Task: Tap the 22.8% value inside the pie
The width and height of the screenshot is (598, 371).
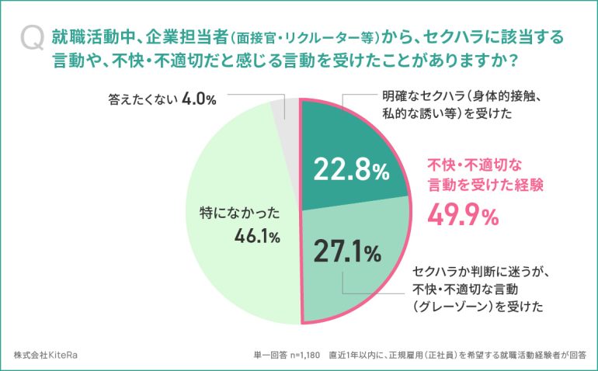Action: tap(349, 171)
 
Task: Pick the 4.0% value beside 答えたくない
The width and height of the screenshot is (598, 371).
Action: tap(199, 100)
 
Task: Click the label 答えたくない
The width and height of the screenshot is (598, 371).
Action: tap(142, 100)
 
